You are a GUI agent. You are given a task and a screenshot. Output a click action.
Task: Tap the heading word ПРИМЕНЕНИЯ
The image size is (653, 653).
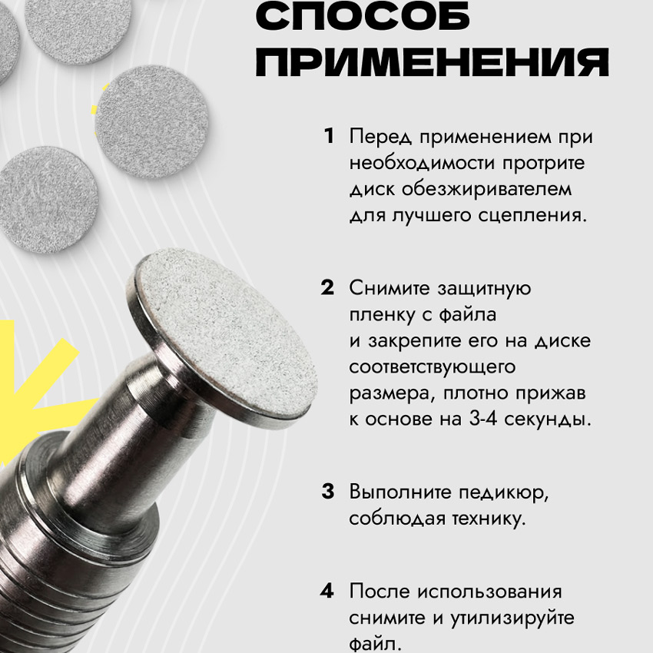pos(433,61)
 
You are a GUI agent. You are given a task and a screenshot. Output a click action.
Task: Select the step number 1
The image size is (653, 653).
pos(329,136)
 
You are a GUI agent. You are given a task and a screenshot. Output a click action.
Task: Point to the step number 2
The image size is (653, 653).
pos(327,287)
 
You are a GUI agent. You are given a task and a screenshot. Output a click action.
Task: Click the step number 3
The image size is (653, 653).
pos(328,491)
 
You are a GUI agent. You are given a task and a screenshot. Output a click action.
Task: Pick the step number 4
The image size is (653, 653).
pos(327,591)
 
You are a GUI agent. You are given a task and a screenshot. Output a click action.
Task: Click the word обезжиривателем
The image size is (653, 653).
pos(487,190)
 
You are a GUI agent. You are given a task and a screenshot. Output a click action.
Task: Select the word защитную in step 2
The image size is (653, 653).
pos(484,289)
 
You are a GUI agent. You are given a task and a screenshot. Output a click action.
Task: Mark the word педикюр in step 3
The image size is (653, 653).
pos(504,492)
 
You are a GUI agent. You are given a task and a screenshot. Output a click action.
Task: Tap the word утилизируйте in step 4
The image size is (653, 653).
pos(512,618)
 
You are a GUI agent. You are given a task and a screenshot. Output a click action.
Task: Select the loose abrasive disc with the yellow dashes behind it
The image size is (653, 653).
pos(151,122)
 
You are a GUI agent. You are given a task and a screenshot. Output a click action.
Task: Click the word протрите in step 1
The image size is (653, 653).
pos(543,164)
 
